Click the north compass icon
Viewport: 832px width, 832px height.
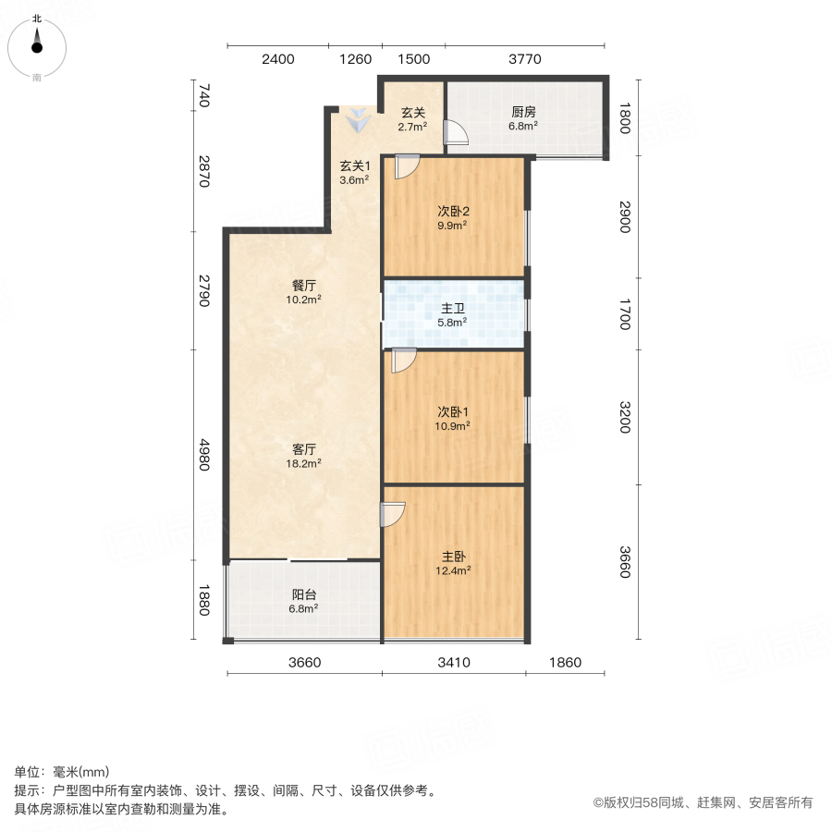coord(37,43)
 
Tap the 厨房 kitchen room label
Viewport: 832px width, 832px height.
coord(524,113)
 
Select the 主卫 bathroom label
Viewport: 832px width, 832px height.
coord(452,308)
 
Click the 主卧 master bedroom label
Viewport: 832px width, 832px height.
coord(453,557)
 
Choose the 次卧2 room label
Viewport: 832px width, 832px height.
coord(452,210)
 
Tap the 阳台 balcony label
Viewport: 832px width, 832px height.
coord(303,595)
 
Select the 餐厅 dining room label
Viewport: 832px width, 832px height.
coord(303,285)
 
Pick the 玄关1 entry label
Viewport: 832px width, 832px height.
coord(355,166)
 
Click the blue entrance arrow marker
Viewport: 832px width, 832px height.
coord(356,120)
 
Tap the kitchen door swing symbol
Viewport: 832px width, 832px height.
coord(457,134)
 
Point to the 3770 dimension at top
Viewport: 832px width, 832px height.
coord(524,59)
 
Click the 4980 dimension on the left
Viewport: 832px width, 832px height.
coord(205,454)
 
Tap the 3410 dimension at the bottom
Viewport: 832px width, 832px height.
coord(454,661)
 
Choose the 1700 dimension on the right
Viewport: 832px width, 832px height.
coord(624,312)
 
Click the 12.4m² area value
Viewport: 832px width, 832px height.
coord(453,570)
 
